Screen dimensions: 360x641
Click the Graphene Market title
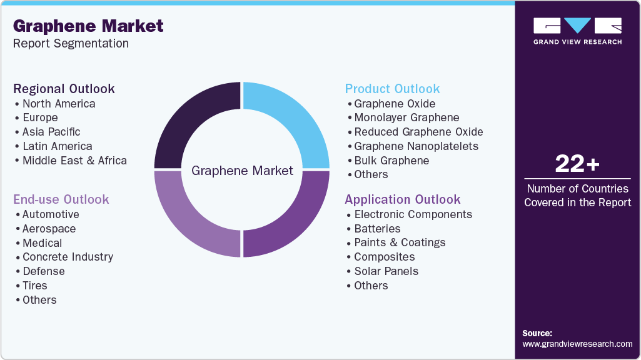[88, 26]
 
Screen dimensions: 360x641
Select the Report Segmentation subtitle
[71, 44]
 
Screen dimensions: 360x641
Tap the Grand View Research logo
[577, 31]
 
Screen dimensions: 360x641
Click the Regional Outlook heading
[64, 89]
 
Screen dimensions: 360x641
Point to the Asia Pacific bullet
[51, 132]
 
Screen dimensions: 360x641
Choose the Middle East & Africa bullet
[74, 161]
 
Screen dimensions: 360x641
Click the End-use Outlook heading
[61, 199]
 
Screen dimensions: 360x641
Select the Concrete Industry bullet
[68, 257]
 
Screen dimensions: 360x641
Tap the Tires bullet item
[35, 286]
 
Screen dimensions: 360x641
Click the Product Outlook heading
[392, 89]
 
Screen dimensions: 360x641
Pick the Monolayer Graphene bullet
[406, 117]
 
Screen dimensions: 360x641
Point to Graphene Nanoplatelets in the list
[416, 146]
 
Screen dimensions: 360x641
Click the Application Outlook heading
[402, 199]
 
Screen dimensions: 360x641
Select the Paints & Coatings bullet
[400, 242]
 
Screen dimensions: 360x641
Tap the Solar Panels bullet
[386, 271]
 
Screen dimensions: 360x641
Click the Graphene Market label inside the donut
[242, 170]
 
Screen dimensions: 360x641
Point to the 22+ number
[577, 164]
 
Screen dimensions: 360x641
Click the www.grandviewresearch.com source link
[577, 344]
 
